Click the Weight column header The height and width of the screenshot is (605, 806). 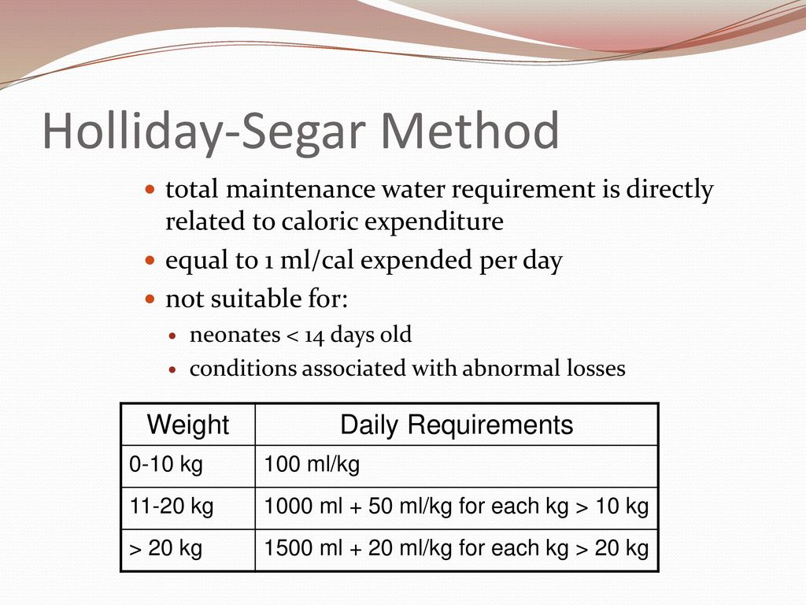(188, 425)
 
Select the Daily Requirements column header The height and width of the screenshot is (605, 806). (457, 425)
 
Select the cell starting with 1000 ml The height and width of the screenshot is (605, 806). (457, 507)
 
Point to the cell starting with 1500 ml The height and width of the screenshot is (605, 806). (457, 548)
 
